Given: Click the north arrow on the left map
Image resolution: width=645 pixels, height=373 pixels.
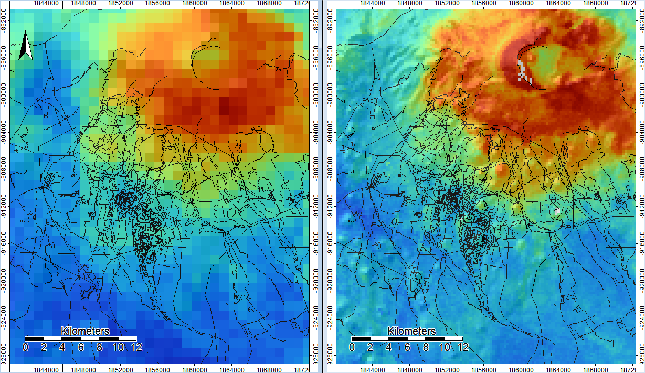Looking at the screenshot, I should (25, 46).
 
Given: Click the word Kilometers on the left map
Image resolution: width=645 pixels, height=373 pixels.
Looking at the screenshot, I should (85, 331).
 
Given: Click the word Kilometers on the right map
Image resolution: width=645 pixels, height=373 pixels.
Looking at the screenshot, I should (411, 331).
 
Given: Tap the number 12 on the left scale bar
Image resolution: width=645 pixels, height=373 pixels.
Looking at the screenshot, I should (136, 347).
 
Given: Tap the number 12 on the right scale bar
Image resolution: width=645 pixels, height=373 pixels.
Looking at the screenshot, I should (463, 347).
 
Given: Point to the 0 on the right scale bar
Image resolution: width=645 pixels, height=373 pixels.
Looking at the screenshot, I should (352, 347).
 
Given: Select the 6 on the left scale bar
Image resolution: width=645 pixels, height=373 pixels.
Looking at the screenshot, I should (81, 347).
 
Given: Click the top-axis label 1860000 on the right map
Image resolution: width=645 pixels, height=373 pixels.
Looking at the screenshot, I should (521, 3).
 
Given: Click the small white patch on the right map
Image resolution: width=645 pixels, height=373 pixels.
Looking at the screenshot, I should (557, 212).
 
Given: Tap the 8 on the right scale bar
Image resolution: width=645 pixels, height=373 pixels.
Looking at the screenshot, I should (426, 347).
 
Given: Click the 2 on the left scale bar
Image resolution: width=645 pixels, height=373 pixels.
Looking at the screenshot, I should (44, 347).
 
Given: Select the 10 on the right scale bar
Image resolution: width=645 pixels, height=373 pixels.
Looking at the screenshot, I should (444, 347).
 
